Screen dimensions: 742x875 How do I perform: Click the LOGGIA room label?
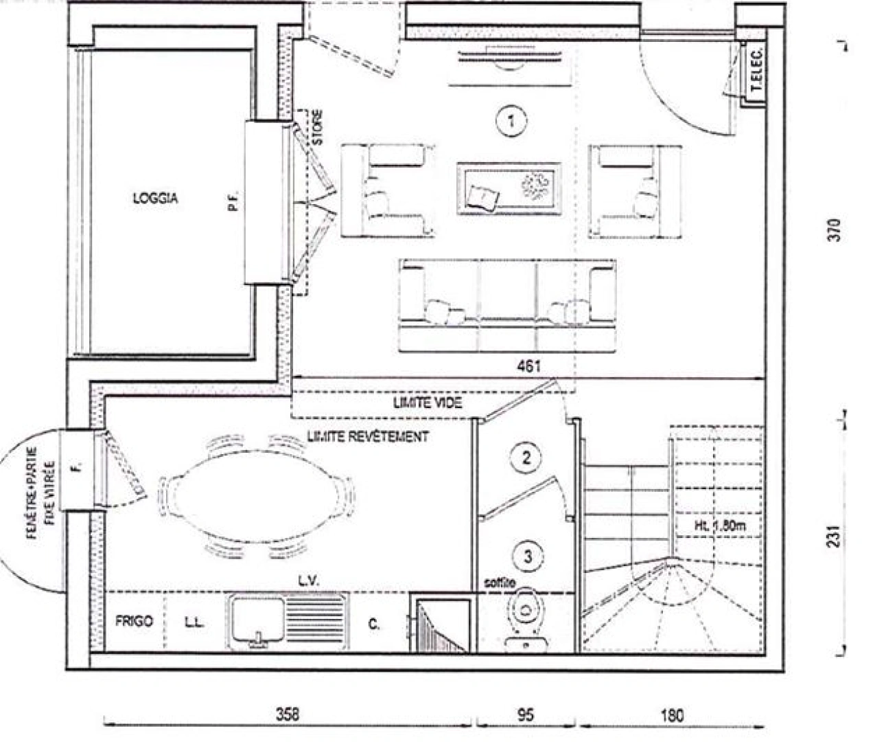pos(155,198)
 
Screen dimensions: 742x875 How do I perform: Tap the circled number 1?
pos(511,121)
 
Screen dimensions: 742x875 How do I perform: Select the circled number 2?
pos(526,458)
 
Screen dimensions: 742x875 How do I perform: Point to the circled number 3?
pos(527,556)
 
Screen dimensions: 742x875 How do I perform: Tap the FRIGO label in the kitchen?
pos(134,621)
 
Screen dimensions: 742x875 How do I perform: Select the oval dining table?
pos(256,494)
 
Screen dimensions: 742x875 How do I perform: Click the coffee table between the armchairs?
pos(509,189)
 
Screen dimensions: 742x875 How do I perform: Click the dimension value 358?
pos(288,714)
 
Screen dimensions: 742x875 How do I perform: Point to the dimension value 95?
pos(525,715)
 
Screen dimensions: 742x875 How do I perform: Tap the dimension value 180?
pos(672,715)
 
